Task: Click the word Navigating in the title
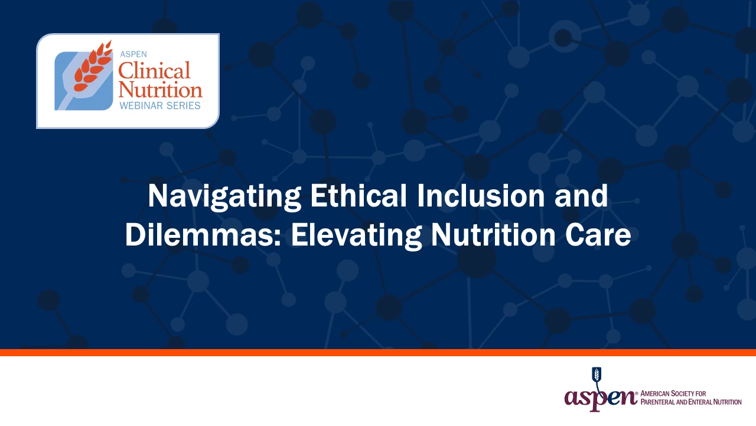(x=224, y=197)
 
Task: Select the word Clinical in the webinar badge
(x=154, y=70)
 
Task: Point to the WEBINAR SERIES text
(x=160, y=105)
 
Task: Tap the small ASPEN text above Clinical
(x=133, y=54)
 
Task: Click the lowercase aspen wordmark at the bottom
(x=601, y=398)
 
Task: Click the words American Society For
(x=673, y=393)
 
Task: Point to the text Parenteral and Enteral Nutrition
(x=691, y=402)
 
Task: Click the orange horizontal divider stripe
(x=378, y=352)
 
